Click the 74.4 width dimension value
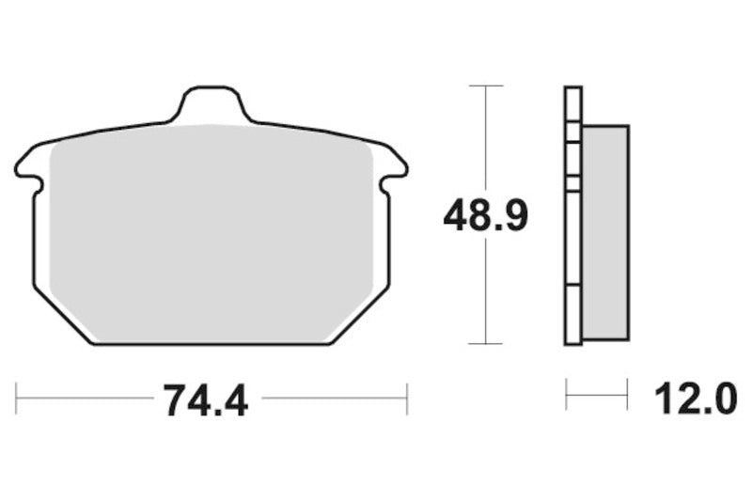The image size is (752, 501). [205, 401]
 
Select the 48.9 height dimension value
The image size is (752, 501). [486, 217]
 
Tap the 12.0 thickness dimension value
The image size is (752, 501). [697, 401]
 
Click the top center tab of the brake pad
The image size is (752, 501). [212, 102]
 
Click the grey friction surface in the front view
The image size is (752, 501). [211, 230]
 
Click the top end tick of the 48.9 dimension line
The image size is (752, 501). [485, 86]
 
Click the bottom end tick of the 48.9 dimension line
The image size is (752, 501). [485, 344]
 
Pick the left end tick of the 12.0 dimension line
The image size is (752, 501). [567, 396]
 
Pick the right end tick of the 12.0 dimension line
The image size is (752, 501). [627, 396]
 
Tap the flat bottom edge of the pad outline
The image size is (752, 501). [211, 345]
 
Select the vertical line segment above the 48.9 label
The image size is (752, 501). [485, 141]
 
